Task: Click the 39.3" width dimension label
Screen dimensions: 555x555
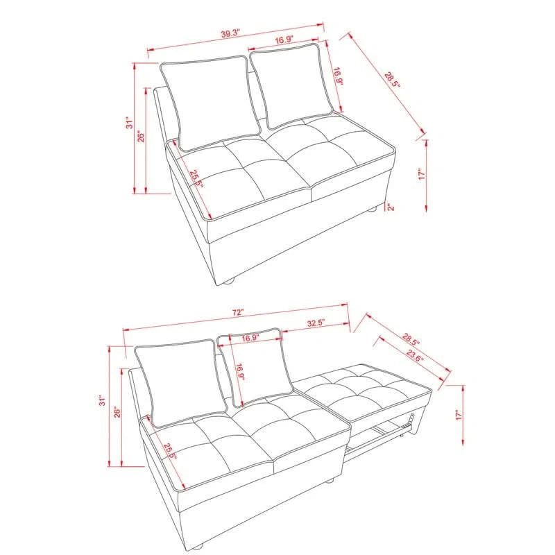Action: (x=231, y=33)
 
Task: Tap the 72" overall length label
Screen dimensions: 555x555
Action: (x=238, y=313)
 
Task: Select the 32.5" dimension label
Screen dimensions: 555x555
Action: (x=316, y=323)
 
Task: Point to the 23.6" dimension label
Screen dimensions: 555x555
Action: (x=415, y=355)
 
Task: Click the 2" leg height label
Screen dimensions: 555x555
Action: (x=391, y=207)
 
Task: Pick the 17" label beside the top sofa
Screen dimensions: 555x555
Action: (x=422, y=175)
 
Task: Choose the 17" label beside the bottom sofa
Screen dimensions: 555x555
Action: (x=459, y=415)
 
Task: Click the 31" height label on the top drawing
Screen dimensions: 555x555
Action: (x=130, y=123)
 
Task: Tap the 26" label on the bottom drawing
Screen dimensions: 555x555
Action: (x=117, y=411)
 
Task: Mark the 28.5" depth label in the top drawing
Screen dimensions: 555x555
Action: (x=393, y=80)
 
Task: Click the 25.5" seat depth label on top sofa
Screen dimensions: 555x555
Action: (x=196, y=179)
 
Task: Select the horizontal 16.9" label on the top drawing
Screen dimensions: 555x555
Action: (x=284, y=40)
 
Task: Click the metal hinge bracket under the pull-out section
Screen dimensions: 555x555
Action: (x=409, y=422)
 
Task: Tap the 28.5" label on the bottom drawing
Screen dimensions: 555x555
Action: (x=411, y=339)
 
